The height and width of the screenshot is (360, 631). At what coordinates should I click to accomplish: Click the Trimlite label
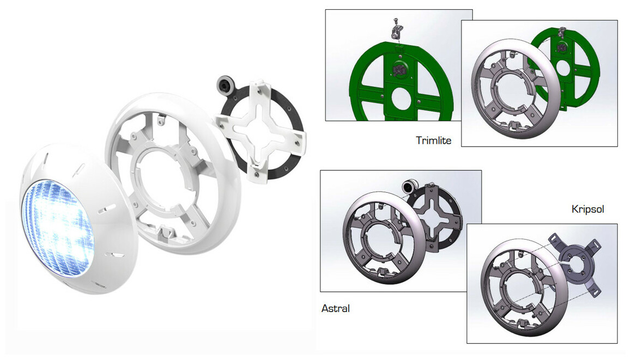[x=433, y=141]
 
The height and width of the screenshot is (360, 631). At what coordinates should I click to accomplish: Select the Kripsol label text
[x=587, y=209]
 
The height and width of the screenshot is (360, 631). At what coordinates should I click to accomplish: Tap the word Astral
[x=336, y=308]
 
